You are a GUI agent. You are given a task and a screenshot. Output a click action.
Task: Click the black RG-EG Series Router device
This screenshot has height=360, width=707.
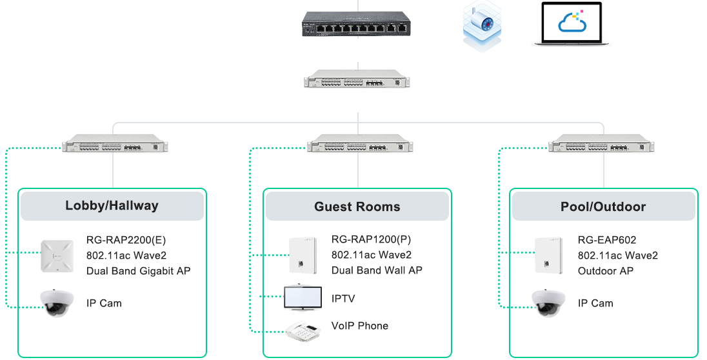pos(355,25)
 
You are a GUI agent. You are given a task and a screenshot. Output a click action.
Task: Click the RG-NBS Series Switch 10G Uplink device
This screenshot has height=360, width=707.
pos(357,79)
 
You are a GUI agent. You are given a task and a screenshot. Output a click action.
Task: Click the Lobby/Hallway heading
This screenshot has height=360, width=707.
pos(112,206)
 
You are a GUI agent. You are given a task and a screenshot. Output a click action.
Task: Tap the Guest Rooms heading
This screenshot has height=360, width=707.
pos(357,207)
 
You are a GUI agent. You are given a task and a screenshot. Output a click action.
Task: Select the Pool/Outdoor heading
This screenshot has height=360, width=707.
pos(603,207)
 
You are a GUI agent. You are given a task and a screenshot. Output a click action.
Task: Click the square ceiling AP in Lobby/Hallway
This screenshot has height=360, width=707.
pos(58,255)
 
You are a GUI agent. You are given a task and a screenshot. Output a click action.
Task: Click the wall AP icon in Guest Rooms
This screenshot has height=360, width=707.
pos(303,255)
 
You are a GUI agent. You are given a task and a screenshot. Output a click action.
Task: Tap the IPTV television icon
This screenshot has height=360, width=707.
pos(303,297)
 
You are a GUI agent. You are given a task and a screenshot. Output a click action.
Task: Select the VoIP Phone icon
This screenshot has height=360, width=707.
pos(304,329)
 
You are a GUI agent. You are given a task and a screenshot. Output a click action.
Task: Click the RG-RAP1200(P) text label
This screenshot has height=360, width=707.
pos(371,240)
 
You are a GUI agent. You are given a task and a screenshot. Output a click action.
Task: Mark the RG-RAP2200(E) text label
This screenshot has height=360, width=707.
pos(126,240)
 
